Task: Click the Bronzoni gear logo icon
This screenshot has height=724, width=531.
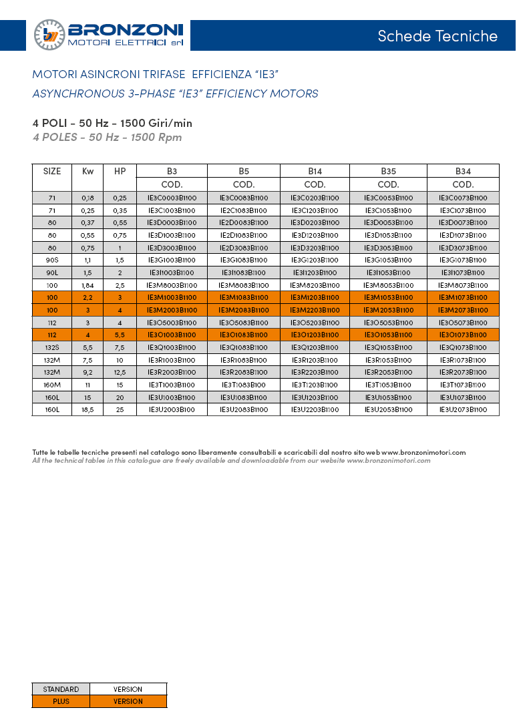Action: point(49,35)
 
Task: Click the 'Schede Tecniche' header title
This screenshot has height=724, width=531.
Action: point(437,36)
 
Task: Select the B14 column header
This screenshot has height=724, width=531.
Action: point(315,171)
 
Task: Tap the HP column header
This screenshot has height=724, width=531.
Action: point(120,171)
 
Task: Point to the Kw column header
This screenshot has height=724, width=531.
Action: point(87,171)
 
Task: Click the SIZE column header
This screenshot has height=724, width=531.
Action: point(52,171)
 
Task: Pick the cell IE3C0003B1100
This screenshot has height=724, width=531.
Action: point(172,198)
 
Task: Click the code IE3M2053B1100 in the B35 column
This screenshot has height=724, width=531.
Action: point(388,310)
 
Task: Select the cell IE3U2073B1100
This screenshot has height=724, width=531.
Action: point(463,409)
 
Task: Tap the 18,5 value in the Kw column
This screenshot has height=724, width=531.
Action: point(87,409)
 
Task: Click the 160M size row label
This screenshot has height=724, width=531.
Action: point(52,385)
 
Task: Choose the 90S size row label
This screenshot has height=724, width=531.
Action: point(52,260)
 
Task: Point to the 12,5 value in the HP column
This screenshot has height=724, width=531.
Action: point(120,372)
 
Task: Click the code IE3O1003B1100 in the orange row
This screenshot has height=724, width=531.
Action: point(172,335)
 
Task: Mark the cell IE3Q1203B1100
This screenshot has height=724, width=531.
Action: point(315,347)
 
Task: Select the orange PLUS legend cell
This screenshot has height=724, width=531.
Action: point(61,701)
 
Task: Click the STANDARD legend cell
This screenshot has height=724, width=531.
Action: point(61,689)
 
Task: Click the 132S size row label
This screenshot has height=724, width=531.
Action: point(52,347)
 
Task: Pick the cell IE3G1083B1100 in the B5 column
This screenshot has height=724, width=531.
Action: point(244,260)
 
